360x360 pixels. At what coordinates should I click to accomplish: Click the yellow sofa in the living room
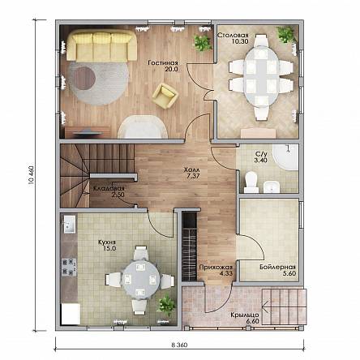[x=101, y=45]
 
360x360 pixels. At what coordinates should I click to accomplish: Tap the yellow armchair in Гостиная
[x=165, y=96]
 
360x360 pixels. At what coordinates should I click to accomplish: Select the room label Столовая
[x=233, y=36]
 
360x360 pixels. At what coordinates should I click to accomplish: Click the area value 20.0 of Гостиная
[x=171, y=69]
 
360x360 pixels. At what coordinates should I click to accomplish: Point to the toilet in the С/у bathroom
[x=251, y=182]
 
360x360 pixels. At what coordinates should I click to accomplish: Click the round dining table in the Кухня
[x=140, y=278]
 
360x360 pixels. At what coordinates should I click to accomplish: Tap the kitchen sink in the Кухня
[x=70, y=224]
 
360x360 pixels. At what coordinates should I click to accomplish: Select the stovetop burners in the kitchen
[x=69, y=267]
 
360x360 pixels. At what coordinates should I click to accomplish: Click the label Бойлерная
[x=277, y=267]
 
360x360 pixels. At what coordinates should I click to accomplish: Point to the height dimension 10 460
[x=31, y=175]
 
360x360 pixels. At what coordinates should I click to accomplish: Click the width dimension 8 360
[x=179, y=345]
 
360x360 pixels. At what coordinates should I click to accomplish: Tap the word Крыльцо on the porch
[x=245, y=315]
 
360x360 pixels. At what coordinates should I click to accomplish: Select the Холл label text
[x=191, y=170]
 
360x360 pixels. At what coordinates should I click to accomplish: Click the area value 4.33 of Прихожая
[x=226, y=273]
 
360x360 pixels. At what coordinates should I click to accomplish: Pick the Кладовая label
[x=109, y=189]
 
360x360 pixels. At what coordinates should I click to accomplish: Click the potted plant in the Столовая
[x=286, y=34]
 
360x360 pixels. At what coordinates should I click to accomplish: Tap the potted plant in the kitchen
[x=166, y=305]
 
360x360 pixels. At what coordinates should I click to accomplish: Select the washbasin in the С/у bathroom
[x=271, y=186]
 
